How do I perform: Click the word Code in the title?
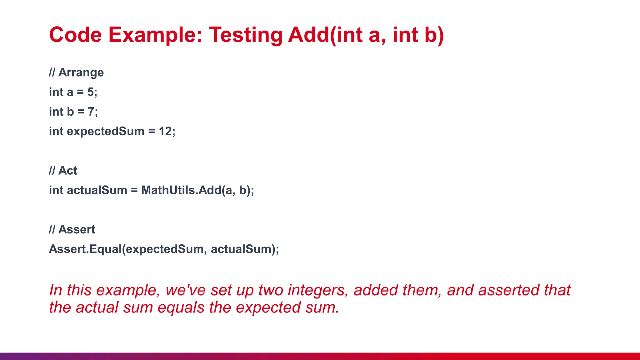[x=75, y=35]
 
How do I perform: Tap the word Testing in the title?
[x=246, y=35]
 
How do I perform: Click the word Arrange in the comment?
[x=81, y=72]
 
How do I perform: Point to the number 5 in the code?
[x=91, y=92]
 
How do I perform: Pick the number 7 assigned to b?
[x=91, y=112]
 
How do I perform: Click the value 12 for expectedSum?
[x=165, y=131]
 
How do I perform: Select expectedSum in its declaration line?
[x=106, y=132]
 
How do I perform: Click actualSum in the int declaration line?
[x=97, y=190]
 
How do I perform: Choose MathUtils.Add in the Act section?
[x=181, y=190]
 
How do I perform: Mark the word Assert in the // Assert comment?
[x=77, y=230]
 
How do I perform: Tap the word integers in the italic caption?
[x=318, y=290]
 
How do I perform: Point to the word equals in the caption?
[x=181, y=308]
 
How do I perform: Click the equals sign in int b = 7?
[x=81, y=112]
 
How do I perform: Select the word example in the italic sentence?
[x=128, y=290]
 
